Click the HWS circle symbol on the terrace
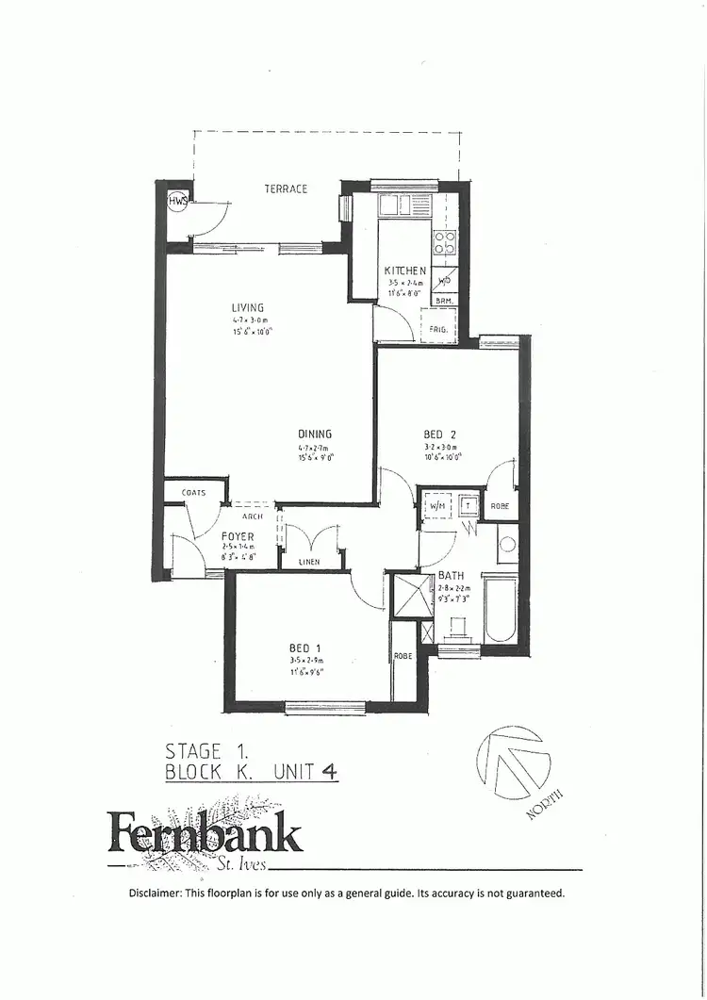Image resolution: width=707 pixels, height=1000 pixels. (x=176, y=202)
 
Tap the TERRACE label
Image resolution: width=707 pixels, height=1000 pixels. (x=286, y=189)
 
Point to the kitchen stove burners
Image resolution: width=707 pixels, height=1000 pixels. (x=444, y=242)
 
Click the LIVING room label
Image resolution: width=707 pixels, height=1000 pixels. (x=248, y=307)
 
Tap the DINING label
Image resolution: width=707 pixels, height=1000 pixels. (x=315, y=434)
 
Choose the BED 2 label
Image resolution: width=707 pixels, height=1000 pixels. (x=439, y=434)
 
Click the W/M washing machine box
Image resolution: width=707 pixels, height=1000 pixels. (x=437, y=506)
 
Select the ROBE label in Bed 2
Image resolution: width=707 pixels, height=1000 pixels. (x=501, y=506)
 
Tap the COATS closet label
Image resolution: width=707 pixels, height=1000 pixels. (x=194, y=492)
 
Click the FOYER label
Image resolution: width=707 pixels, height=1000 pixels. (x=238, y=536)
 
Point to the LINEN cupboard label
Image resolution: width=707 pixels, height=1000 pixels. (x=309, y=563)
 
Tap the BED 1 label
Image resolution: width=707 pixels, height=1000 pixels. (x=305, y=648)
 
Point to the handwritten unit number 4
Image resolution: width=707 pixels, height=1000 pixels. (x=329, y=771)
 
